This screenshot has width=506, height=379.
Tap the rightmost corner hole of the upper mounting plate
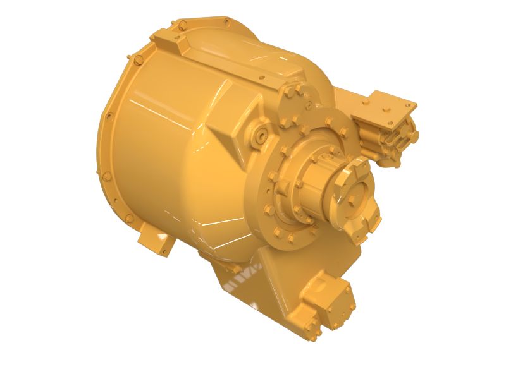(x=412, y=102)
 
